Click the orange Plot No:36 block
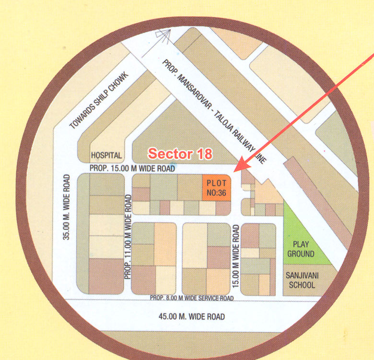[x=217, y=188]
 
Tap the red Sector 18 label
[x=180, y=154]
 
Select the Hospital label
[x=107, y=156]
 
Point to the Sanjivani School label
[x=301, y=280]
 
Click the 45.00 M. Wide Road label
[x=191, y=317]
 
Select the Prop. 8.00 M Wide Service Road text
[x=191, y=298]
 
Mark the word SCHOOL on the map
[x=301, y=285]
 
